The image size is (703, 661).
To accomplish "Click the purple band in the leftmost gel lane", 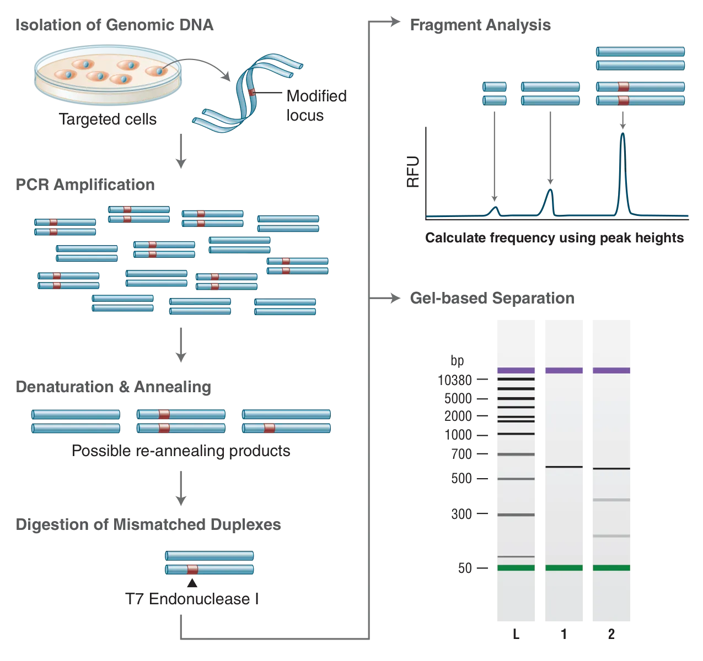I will (x=516, y=370).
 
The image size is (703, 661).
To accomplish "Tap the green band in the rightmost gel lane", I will (x=611, y=567).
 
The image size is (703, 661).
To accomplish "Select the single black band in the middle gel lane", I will (x=563, y=467).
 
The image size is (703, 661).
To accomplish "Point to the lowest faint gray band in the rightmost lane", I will (x=611, y=535).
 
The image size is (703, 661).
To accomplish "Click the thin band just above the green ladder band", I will (x=516, y=556).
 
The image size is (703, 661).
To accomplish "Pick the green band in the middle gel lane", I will (x=563, y=567).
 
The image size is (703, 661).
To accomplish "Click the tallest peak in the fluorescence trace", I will (x=622, y=165).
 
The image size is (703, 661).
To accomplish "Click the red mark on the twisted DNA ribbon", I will (x=251, y=93).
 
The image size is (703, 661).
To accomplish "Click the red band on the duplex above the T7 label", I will (x=192, y=569).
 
